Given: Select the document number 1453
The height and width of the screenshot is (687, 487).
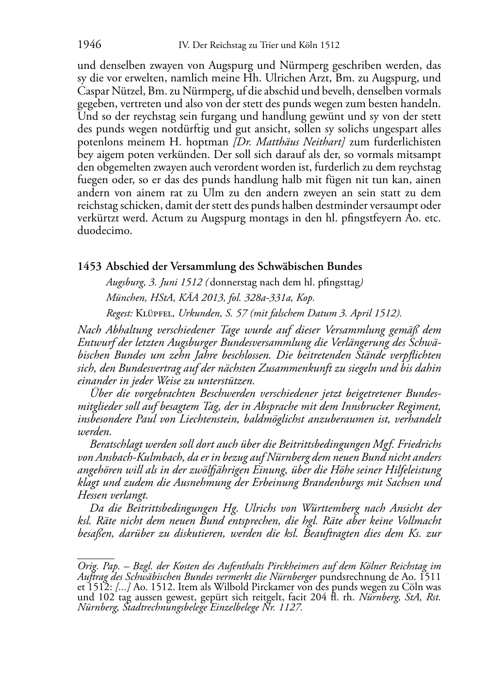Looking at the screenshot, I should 89,266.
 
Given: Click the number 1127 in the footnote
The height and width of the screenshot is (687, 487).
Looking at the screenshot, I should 291,608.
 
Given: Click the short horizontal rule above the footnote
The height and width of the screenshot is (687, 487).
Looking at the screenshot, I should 96,559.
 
